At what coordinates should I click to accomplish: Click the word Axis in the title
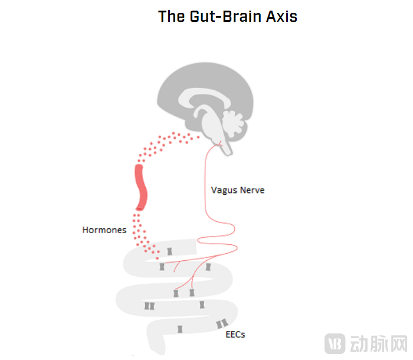283,17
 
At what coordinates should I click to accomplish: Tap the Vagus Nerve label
238,191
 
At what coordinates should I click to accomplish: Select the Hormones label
104,230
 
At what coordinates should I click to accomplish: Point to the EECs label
235,335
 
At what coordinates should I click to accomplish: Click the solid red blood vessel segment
141,187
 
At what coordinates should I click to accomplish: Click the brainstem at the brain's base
225,145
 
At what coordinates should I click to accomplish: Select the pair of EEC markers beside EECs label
222,323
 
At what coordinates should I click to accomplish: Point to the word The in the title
171,17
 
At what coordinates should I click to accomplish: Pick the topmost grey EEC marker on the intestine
169,251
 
